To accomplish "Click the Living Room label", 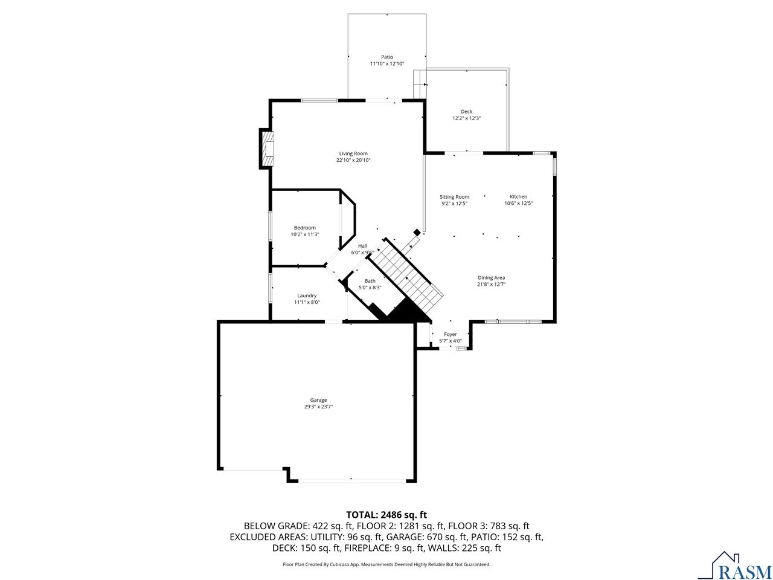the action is (353, 153).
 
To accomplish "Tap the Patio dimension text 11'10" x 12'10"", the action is (387, 64).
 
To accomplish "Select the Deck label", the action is (466, 112).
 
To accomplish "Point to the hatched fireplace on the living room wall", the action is (268, 149).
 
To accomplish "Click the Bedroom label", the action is (305, 228).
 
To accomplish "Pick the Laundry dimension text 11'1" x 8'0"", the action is (307, 302).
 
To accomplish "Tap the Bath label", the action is (370, 281).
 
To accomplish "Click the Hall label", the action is (362, 246).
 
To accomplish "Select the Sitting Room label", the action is (454, 197).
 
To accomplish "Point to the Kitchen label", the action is (518, 196).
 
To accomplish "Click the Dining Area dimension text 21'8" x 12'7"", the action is (491, 284).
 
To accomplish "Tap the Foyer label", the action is (451, 335).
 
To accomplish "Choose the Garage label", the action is (318, 400).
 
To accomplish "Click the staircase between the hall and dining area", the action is (405, 278).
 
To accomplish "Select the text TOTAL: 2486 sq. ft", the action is (386, 515).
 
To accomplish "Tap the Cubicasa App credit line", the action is (386, 564).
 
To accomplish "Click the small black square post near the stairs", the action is (417, 233).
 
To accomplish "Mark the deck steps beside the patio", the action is (420, 84).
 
